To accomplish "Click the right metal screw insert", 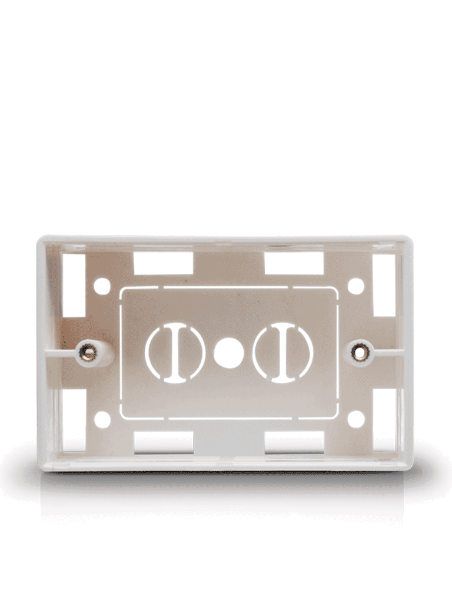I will (x=357, y=352).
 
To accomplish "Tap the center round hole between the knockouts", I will (x=228, y=353).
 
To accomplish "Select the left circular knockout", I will (x=175, y=353).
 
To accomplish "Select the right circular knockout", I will (x=282, y=353).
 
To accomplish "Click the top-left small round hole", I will (x=102, y=286).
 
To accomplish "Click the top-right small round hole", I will (x=355, y=286).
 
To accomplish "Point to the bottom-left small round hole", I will (x=102, y=419).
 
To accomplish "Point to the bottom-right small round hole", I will (x=355, y=419).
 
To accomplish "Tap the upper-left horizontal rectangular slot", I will (x=163, y=263).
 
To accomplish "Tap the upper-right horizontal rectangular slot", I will (x=294, y=263).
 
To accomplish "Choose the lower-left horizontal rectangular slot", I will (x=163, y=442).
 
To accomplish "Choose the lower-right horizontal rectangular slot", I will (x=294, y=442).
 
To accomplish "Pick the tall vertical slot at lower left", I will (x=74, y=420).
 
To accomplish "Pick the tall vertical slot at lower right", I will (x=384, y=420).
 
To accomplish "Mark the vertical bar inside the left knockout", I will (x=175, y=353).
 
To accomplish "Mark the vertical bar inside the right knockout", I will (x=282, y=353).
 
